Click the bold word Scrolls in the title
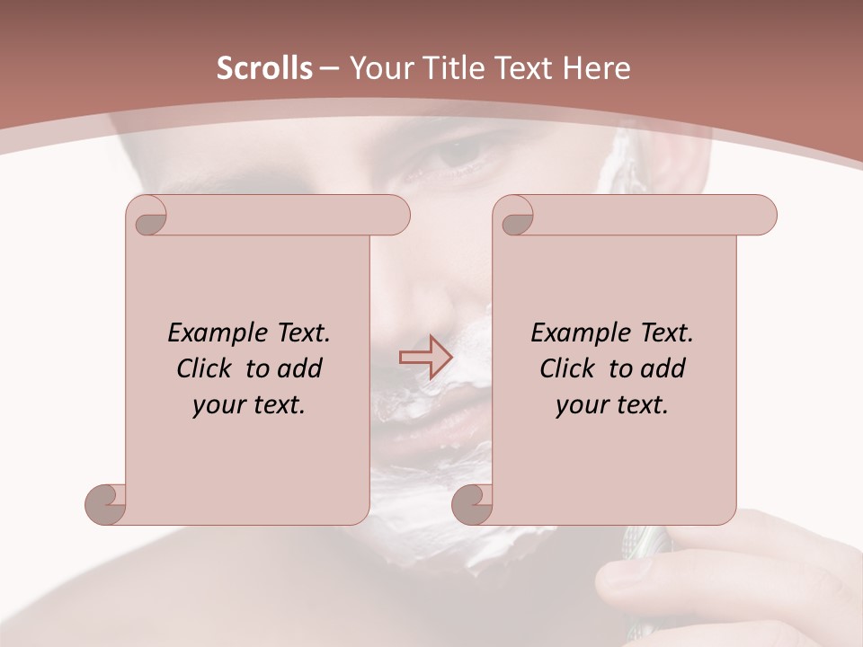tap(265, 68)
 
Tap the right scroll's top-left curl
tap(516, 217)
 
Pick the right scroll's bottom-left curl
tap(473, 504)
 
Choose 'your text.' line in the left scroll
tap(249, 404)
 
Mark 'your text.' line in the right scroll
tap(612, 404)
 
